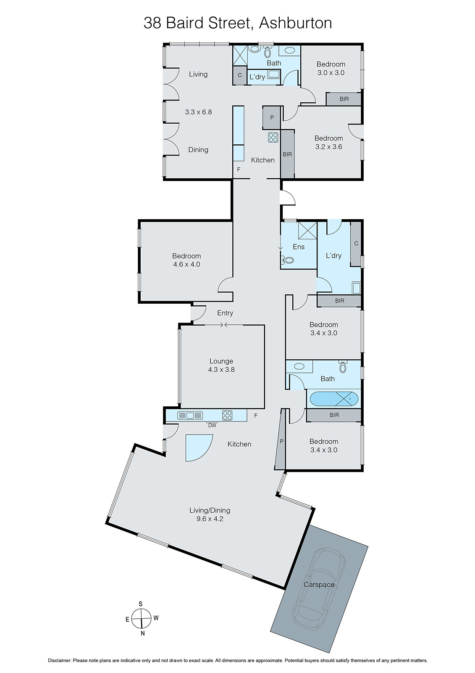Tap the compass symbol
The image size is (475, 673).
141,619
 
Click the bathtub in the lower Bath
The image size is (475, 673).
334,398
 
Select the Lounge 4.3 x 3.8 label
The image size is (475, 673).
221,365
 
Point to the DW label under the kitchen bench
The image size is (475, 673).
212,425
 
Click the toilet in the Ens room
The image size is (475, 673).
288,260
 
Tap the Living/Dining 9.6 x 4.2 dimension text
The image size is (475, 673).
210,519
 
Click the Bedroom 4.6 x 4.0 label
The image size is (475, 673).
186,260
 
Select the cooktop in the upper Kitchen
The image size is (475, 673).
273,137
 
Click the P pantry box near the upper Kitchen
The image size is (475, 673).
272,118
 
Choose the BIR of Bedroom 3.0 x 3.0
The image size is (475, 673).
344,99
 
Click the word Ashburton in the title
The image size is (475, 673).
295,22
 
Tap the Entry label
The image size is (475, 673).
225,313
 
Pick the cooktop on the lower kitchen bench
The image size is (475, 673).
227,415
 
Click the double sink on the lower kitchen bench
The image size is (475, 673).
190,416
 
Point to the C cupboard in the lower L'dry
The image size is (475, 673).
356,244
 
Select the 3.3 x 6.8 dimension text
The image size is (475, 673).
198,112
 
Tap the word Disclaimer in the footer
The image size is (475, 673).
60,660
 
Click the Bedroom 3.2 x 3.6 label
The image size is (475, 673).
328,142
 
